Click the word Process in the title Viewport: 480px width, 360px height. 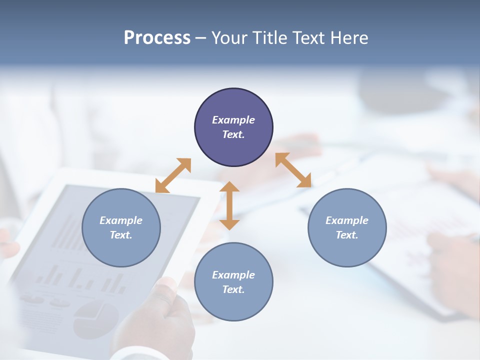tap(157, 38)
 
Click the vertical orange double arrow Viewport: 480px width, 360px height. tap(229, 205)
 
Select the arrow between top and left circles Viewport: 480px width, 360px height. tap(173, 175)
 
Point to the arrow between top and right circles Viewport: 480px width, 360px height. tap(293, 170)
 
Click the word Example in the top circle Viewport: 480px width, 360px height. tap(233, 120)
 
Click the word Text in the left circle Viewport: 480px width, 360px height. tap(121, 235)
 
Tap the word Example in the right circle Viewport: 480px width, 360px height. tap(347, 220)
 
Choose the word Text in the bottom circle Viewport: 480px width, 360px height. tap(233, 289)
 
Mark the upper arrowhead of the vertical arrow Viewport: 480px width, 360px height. tap(229, 187)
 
